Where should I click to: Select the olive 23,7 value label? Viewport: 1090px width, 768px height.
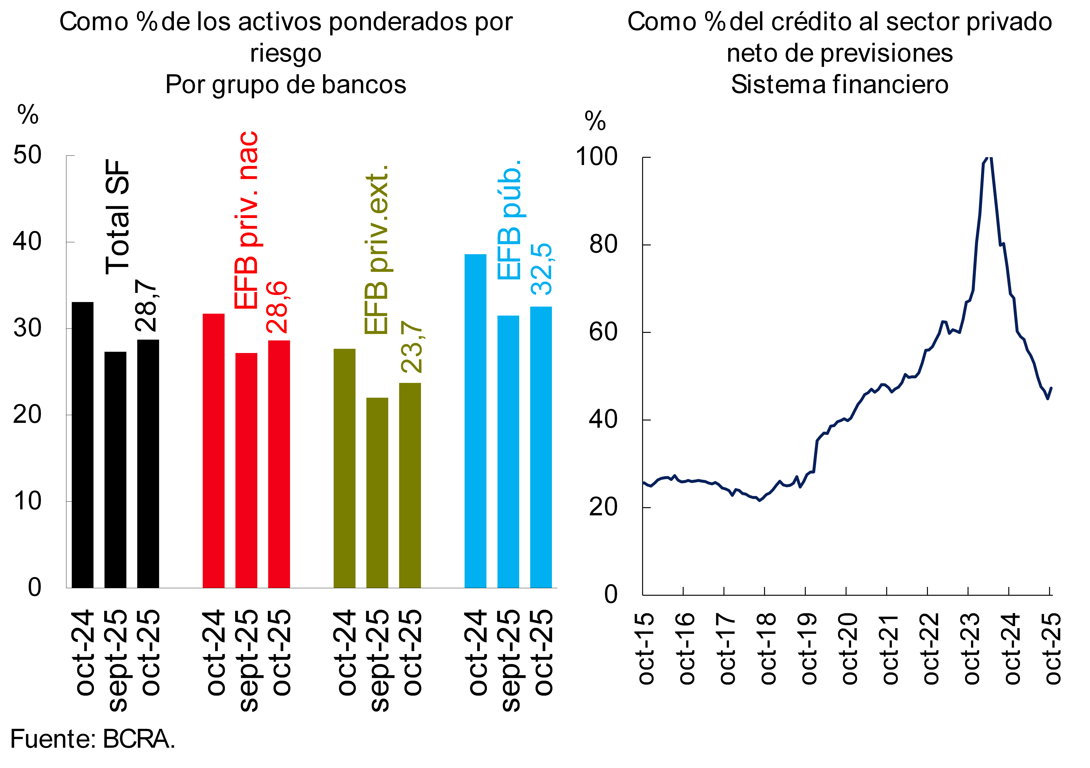tap(411, 347)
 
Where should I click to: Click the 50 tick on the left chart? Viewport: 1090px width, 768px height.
tap(28, 155)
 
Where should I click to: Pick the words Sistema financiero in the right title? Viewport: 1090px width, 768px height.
tap(839, 84)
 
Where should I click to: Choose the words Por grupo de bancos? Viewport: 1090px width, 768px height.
tap(286, 84)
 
